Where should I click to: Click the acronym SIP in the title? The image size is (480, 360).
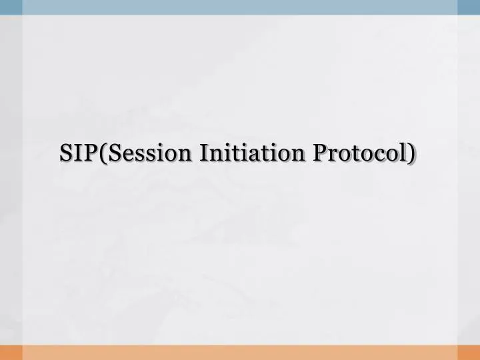[77, 152]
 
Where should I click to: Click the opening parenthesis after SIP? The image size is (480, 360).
[101, 153]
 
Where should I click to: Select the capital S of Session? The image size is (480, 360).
[111, 152]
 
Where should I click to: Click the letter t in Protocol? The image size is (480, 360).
[357, 153]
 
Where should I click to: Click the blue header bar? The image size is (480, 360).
[240, 7]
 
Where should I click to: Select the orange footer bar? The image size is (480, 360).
[240, 353]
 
